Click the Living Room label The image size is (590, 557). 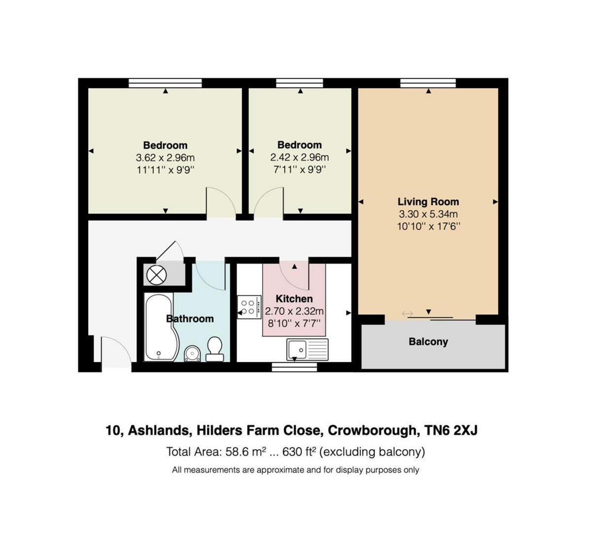click(428, 201)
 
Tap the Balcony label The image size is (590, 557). click(428, 341)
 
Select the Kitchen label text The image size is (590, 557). click(294, 298)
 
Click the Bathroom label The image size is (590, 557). click(190, 319)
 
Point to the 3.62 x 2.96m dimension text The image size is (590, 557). click(165, 158)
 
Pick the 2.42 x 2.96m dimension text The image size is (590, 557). click(299, 158)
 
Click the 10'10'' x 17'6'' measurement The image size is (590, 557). click(428, 227)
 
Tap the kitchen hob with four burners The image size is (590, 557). click(248, 307)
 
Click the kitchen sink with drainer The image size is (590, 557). click(307, 350)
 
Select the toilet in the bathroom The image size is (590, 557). click(214, 348)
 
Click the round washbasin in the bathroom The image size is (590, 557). click(192, 353)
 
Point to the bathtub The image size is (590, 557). click(159, 328)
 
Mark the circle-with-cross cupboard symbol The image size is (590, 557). click(157, 275)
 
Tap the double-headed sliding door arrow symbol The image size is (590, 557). click(407, 314)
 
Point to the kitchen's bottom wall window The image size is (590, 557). click(294, 366)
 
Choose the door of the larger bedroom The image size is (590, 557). click(221, 203)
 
